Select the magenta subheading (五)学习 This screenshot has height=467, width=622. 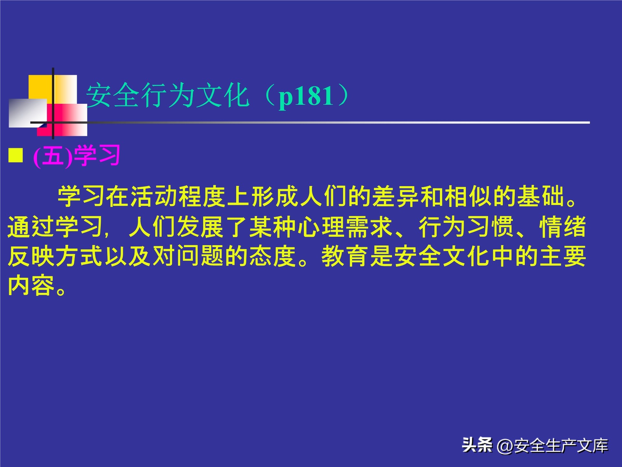pyautogui.click(x=77, y=156)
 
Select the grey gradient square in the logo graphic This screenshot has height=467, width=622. pyautogui.click(x=27, y=113)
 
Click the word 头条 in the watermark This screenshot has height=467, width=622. pyautogui.click(x=477, y=445)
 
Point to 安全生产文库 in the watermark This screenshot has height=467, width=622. pyautogui.click(x=561, y=446)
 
